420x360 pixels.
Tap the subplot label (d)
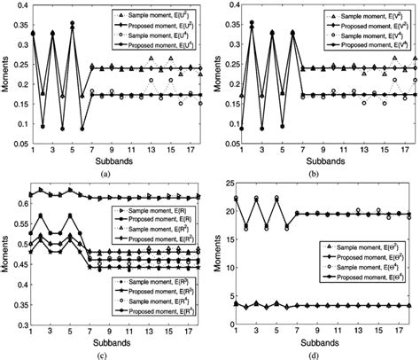pyautogui.click(x=325, y=354)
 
